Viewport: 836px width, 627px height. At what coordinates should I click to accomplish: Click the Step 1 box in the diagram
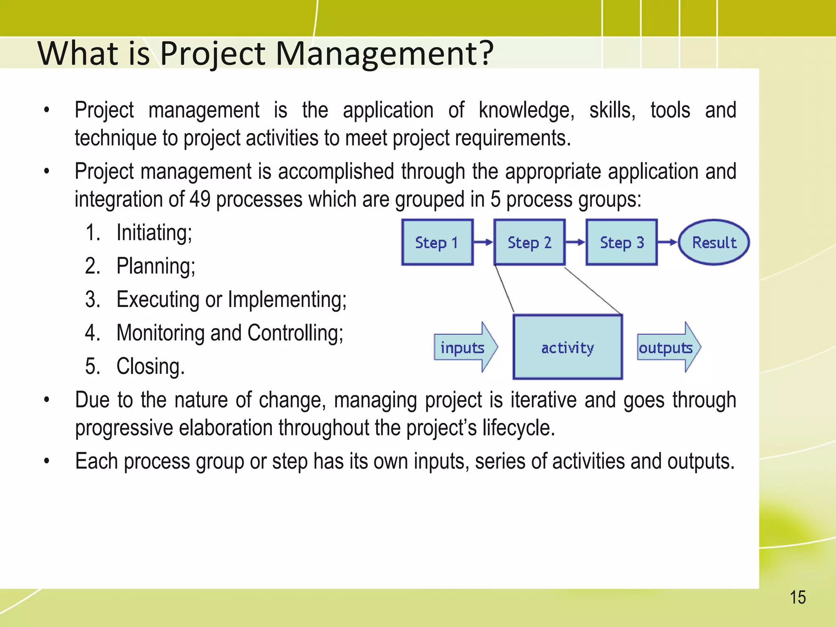[x=437, y=242]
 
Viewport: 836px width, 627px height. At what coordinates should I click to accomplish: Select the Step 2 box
[x=529, y=242]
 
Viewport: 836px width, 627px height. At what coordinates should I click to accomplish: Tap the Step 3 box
[x=622, y=242]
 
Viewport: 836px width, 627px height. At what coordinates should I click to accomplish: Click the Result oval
[x=714, y=242]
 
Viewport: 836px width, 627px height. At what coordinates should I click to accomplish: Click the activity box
[x=568, y=347]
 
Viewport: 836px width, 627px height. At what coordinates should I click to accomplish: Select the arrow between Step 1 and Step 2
[x=483, y=242]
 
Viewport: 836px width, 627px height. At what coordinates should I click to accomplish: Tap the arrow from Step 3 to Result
[x=668, y=242]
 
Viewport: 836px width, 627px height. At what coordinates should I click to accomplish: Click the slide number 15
[x=798, y=598]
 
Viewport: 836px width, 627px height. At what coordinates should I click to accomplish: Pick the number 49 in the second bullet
[x=200, y=200]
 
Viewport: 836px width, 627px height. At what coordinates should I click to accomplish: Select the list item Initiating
[x=154, y=233]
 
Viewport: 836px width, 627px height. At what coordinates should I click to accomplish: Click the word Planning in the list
[x=156, y=267]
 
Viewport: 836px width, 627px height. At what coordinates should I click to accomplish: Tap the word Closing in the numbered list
[x=150, y=367]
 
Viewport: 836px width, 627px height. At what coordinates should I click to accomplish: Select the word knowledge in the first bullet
[x=526, y=111]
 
